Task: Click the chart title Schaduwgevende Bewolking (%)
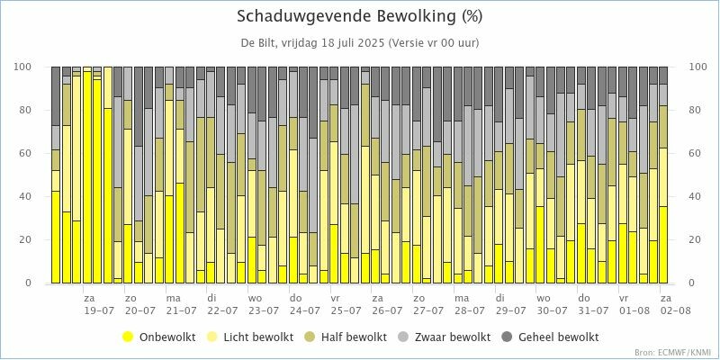(x=359, y=16)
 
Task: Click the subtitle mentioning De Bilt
(x=359, y=42)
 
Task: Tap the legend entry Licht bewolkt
(x=261, y=337)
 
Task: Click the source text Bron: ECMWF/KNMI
(x=677, y=352)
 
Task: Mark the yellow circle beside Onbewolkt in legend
(x=127, y=337)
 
